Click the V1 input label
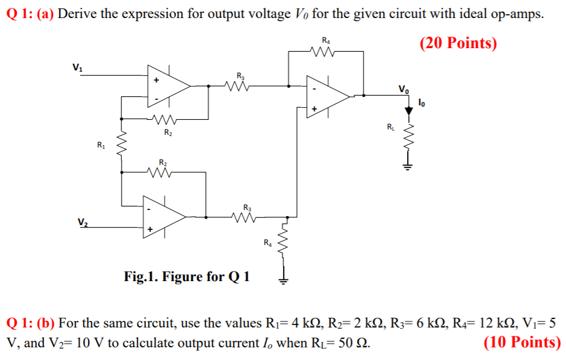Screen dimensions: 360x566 click(x=76, y=67)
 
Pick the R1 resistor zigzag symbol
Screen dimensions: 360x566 click(x=122, y=146)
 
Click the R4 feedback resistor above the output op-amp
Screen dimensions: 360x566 click(x=326, y=51)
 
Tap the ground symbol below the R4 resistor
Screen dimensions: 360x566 click(x=283, y=278)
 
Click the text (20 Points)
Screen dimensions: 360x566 click(x=458, y=43)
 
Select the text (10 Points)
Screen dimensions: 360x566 click(x=522, y=343)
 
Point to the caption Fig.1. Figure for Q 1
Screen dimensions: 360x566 click(x=187, y=277)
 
